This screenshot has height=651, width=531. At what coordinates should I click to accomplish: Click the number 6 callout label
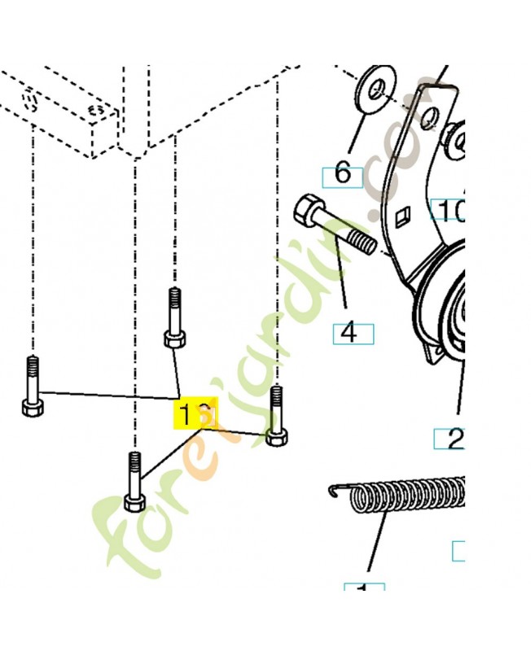(342, 174)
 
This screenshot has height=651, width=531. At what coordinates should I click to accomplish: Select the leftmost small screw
(32, 386)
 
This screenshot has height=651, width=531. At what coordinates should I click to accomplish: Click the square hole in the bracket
(400, 216)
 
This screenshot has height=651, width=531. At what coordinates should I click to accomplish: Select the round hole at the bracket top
(429, 120)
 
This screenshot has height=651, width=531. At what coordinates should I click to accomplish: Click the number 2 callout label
(453, 439)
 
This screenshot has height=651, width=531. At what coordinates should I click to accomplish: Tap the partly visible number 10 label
(449, 211)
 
